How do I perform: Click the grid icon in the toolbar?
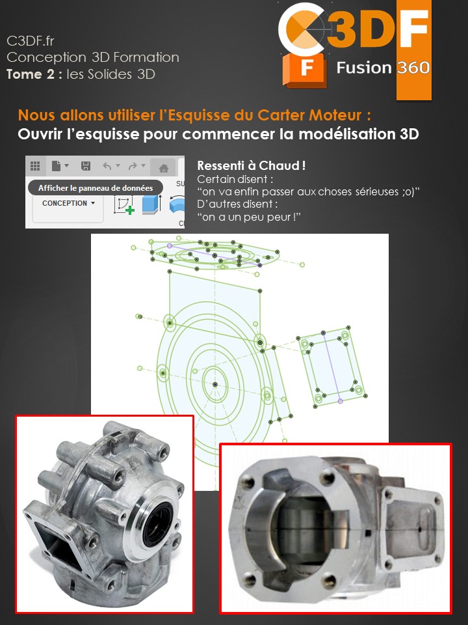tap(35, 167)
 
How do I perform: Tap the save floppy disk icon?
tap(85, 167)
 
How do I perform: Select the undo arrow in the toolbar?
tap(108, 167)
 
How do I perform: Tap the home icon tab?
tap(164, 168)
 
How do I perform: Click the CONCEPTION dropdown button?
tap(68, 203)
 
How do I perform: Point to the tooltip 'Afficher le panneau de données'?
tap(95, 187)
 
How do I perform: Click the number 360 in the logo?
tap(413, 68)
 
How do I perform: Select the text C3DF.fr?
tap(30, 41)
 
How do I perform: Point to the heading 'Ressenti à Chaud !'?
tap(251, 166)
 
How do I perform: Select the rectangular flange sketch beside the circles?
tap(331, 368)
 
